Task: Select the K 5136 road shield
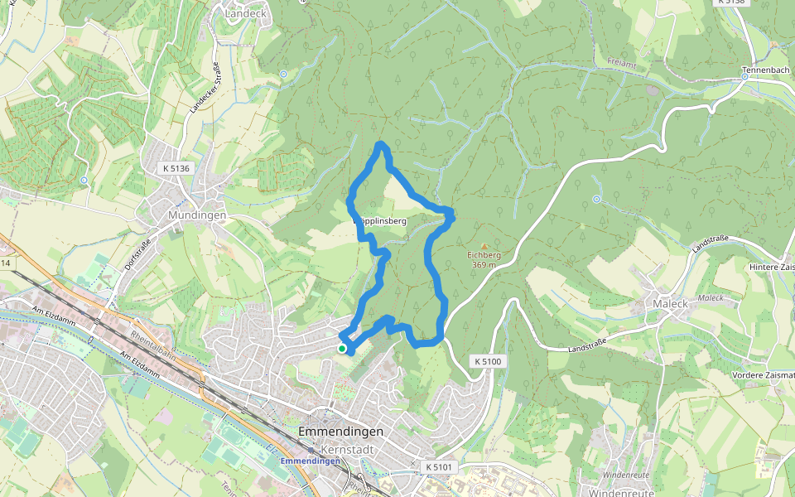pyautogui.click(x=176, y=168)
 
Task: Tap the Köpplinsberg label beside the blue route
pyautogui.click(x=379, y=222)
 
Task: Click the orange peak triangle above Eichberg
pyautogui.click(x=484, y=245)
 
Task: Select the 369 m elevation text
pyautogui.click(x=484, y=265)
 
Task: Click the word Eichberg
pyautogui.click(x=484, y=255)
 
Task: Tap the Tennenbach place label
pyautogui.click(x=765, y=70)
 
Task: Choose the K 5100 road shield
pyautogui.click(x=489, y=362)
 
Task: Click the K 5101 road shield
pyautogui.click(x=439, y=467)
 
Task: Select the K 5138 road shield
pyautogui.click(x=732, y=2)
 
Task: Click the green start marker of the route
pyautogui.click(x=341, y=349)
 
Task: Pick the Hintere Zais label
pyautogui.click(x=771, y=267)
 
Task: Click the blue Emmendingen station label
pyautogui.click(x=311, y=461)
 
